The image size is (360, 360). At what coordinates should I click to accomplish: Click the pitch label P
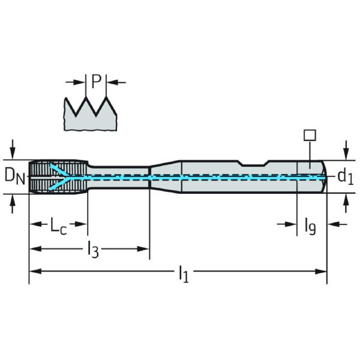(97, 82)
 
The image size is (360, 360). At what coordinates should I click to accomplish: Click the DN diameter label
(14, 176)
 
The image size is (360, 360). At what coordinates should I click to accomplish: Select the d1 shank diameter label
(346, 177)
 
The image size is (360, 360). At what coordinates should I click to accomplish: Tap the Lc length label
(58, 226)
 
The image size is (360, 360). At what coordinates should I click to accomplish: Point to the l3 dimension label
(93, 250)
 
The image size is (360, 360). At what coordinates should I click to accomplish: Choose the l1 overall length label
(184, 274)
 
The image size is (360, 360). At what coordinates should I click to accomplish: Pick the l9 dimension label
(310, 227)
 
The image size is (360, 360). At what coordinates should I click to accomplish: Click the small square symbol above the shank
(310, 135)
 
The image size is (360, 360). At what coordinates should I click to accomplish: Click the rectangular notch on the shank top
(254, 163)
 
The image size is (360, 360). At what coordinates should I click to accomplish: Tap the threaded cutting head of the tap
(58, 176)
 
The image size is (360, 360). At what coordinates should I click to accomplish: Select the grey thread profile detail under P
(91, 114)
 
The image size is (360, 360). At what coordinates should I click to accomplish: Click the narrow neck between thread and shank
(119, 177)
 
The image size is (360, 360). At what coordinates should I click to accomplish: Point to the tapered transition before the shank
(166, 177)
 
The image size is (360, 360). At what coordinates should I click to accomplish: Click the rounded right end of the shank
(324, 177)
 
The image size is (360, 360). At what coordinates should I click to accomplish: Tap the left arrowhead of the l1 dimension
(35, 271)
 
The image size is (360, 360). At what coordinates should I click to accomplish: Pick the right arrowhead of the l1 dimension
(321, 271)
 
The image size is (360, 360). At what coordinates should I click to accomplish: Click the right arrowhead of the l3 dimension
(143, 248)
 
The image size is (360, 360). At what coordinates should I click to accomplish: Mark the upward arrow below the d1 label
(346, 203)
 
